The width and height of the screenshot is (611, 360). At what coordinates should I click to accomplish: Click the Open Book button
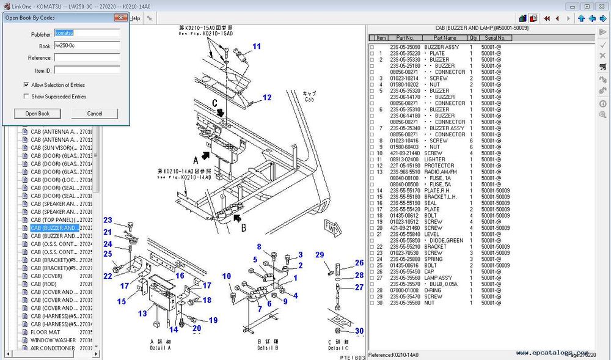37,114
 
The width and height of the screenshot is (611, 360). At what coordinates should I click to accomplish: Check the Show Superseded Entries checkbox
26,97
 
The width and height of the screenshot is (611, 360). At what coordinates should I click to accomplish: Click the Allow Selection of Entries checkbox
26,85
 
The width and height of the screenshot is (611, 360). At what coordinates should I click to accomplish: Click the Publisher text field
87,34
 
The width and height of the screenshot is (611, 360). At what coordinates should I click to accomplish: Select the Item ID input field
87,70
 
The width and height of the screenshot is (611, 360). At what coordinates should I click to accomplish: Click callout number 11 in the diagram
257,46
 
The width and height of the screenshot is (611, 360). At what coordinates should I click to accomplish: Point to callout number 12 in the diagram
267,98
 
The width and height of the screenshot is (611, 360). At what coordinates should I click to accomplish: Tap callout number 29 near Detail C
319,254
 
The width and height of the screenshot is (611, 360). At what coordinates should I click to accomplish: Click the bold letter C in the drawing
215,102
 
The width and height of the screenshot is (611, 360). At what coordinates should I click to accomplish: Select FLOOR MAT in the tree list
45,332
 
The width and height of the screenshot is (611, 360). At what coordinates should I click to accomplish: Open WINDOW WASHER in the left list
53,340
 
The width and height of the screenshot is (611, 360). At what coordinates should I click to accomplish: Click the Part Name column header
445,38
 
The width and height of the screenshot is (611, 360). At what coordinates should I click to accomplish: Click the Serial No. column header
495,38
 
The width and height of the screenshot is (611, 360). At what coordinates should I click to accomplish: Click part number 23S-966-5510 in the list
406,172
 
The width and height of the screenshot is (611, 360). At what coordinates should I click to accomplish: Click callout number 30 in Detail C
359,331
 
